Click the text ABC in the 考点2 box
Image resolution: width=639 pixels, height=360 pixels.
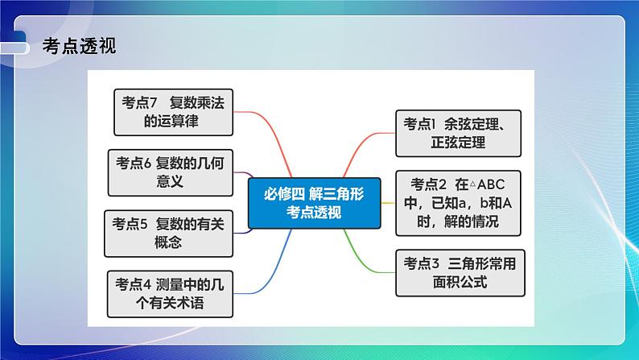pos(497,182)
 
